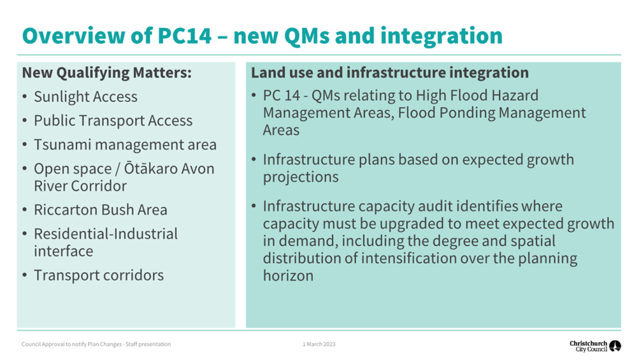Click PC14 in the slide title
point(185,36)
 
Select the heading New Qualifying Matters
point(106,73)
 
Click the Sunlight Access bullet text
point(85,97)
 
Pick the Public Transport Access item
point(113,120)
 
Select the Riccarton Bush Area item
point(100,210)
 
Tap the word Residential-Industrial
point(106,234)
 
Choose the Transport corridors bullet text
point(99,275)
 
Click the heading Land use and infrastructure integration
point(390,73)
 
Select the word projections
point(301,177)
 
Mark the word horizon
point(288,276)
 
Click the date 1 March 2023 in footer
point(319,345)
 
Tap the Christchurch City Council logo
point(595,346)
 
